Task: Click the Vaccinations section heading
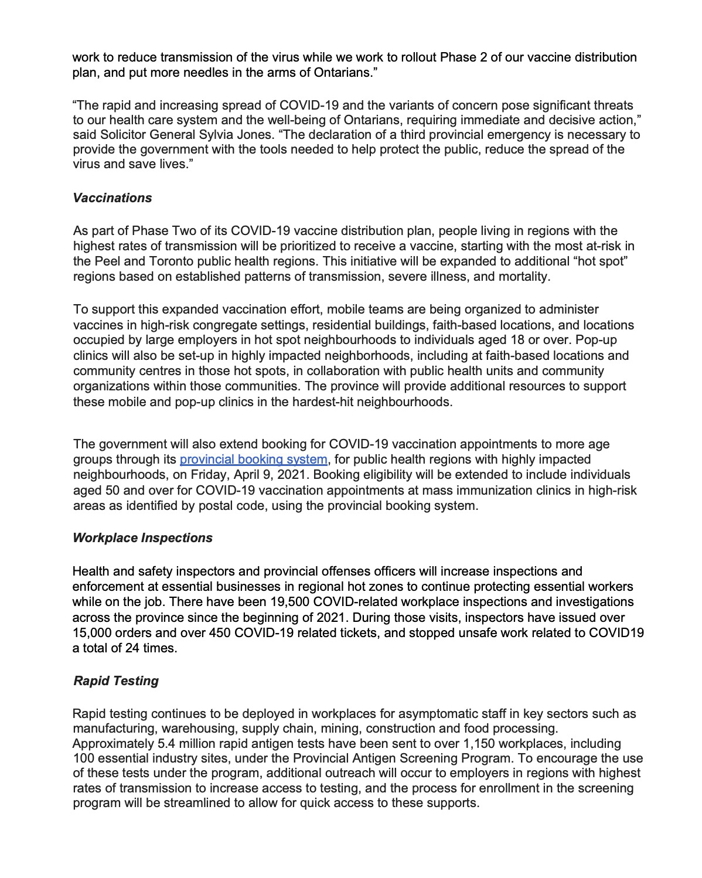point(113,198)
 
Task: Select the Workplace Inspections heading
point(142,538)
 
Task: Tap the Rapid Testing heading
point(116,681)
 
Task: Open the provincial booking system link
point(253,460)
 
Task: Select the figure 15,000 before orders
point(91,633)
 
